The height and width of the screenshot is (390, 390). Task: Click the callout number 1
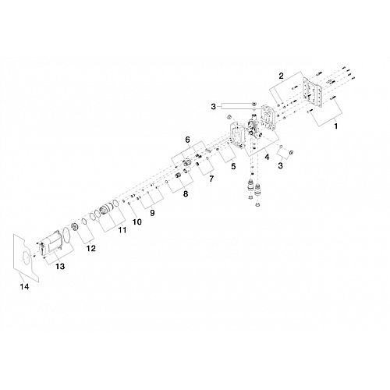(x=336, y=126)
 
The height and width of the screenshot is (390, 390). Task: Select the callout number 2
(x=281, y=76)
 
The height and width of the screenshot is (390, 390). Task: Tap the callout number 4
(x=267, y=157)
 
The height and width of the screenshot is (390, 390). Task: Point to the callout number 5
(x=233, y=166)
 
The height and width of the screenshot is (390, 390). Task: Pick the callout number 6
(x=187, y=140)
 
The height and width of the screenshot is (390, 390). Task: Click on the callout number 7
(x=211, y=179)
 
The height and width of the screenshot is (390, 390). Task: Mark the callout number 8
(x=186, y=193)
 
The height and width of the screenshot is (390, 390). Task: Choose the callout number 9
(x=152, y=213)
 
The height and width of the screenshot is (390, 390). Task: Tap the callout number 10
(x=137, y=222)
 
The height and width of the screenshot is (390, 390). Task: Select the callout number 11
(x=122, y=230)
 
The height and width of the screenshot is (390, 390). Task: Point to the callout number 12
(x=91, y=248)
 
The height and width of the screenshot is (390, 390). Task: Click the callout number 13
(x=60, y=266)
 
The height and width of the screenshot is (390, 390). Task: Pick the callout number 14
(x=24, y=287)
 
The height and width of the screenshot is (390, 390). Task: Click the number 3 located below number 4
(x=280, y=165)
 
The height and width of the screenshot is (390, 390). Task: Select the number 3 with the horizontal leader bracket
(x=213, y=107)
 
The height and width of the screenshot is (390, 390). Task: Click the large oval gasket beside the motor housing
(x=66, y=235)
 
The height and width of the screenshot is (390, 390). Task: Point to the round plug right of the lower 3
(x=291, y=152)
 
